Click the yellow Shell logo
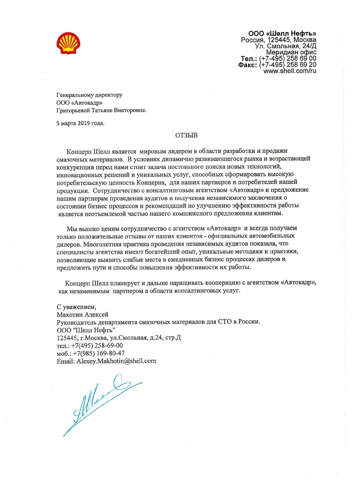tap(68, 43)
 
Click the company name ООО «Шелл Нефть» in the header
tap(282, 33)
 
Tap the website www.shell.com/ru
tap(290, 71)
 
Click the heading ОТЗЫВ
tap(186, 135)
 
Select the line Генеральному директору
tap(89, 94)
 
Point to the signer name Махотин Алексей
tap(82, 314)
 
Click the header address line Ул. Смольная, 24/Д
tap(286, 46)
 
